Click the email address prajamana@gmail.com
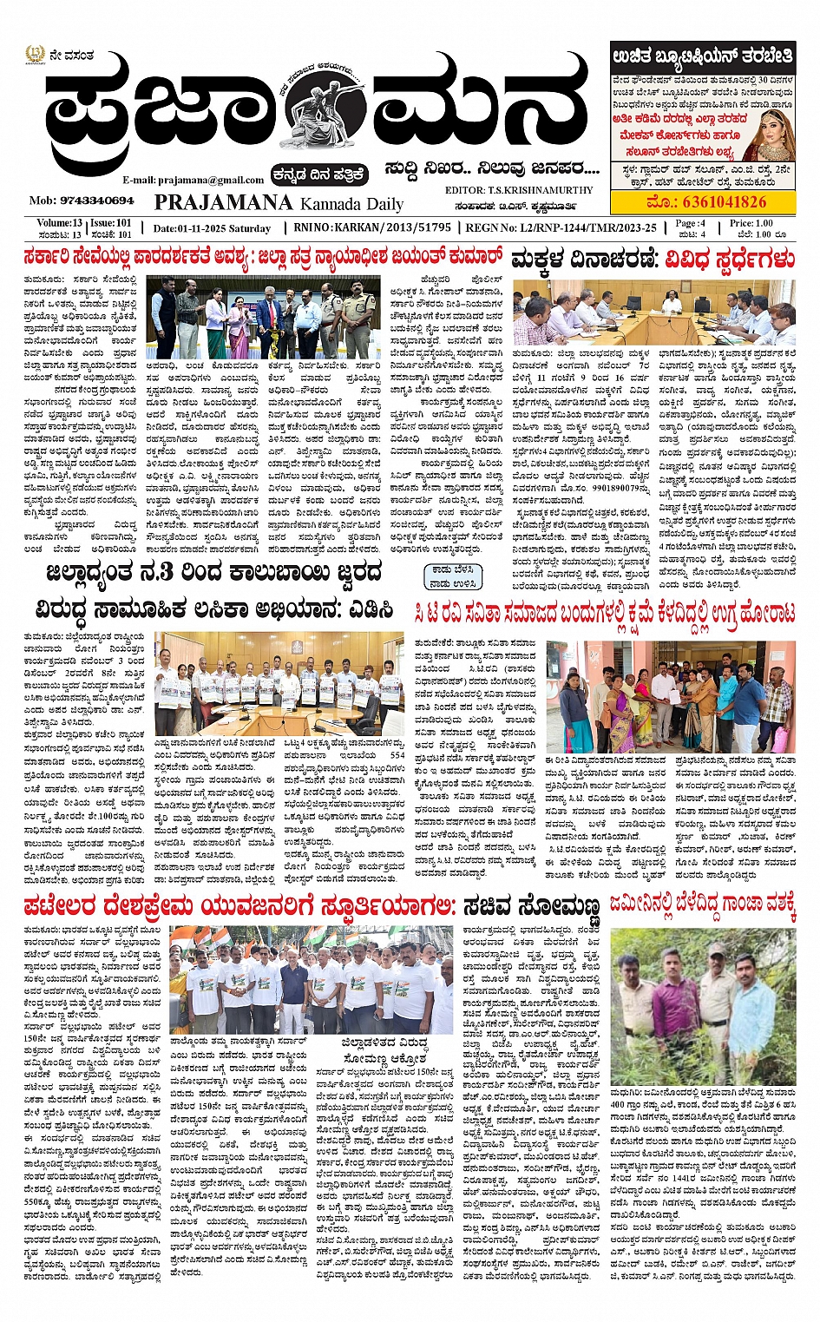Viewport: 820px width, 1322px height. click(x=194, y=180)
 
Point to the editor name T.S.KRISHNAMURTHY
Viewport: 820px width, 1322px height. click(x=519, y=190)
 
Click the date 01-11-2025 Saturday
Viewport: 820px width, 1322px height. click(x=212, y=228)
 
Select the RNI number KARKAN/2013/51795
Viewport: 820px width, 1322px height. click(x=372, y=227)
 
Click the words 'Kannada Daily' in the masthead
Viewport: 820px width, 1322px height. click(x=351, y=204)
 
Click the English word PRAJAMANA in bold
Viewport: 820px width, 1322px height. click(x=223, y=202)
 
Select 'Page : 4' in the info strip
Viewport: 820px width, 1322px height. click(x=691, y=223)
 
